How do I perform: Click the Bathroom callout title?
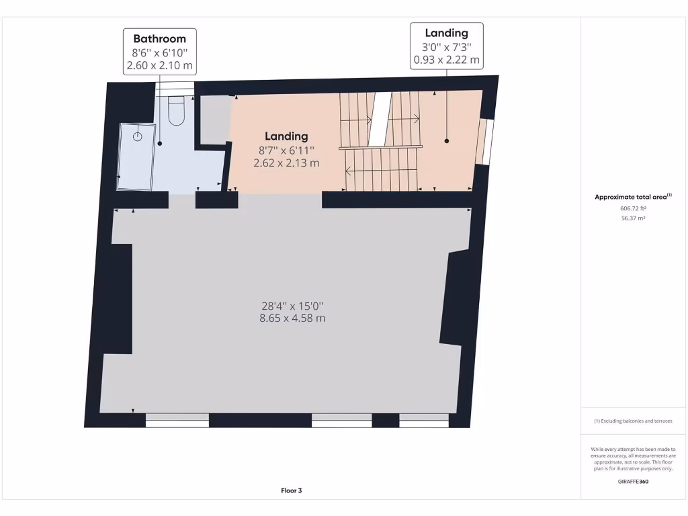click(159, 39)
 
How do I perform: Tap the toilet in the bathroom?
click(176, 112)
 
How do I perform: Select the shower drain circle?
click(138, 136)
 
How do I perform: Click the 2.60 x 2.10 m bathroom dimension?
click(159, 67)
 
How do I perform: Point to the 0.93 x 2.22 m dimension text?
click(446, 60)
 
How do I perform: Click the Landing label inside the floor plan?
click(286, 136)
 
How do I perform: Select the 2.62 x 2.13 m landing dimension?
click(286, 163)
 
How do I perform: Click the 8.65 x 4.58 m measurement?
click(292, 318)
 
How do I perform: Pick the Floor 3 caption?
click(292, 490)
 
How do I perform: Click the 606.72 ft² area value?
click(633, 208)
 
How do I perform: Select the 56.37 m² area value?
click(633, 218)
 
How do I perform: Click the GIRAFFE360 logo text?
click(633, 481)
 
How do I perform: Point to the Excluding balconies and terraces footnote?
click(633, 421)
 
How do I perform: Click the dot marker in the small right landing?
click(446, 140)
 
